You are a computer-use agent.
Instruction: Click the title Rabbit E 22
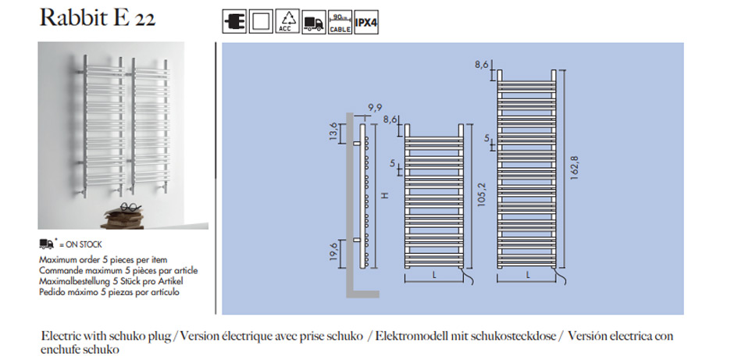pos(98,18)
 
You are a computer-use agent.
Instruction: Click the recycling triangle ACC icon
pos(288,22)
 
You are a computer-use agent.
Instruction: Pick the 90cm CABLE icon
pos(339,22)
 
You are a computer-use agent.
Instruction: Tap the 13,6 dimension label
pos(335,132)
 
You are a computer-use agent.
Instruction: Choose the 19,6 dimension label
pos(335,251)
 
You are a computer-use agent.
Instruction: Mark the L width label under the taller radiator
pos(529,274)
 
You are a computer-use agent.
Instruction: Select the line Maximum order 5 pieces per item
pos(103,259)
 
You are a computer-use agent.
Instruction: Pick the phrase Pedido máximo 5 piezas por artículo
pos(109,292)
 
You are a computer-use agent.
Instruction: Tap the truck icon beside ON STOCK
pos(47,244)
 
